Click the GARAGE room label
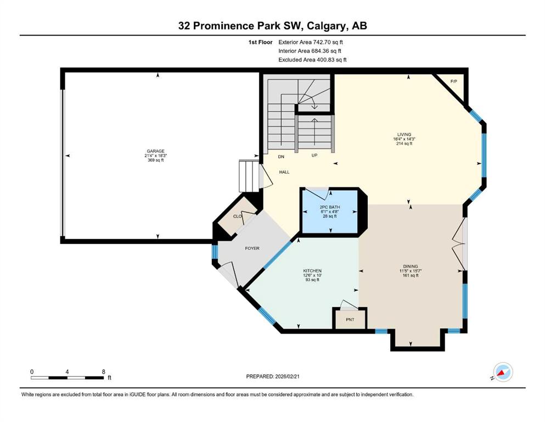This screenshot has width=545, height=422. click(x=155, y=151)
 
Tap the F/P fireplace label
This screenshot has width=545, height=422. click(x=453, y=81)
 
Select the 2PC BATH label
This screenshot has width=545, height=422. click(x=330, y=207)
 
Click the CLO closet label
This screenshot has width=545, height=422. click(x=238, y=216)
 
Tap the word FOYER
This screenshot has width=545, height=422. click(x=252, y=248)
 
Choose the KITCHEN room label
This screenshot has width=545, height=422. click(x=312, y=271)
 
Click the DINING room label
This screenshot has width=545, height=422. click(x=411, y=266)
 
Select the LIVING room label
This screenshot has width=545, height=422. click(x=404, y=134)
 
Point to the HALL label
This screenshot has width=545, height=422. click(x=284, y=172)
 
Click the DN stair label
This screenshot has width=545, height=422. click(x=281, y=157)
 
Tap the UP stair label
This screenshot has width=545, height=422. click(x=314, y=155)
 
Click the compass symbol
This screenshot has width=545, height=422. click(x=503, y=372)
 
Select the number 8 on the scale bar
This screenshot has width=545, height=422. click(x=104, y=371)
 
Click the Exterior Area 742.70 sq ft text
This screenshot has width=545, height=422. click(x=311, y=42)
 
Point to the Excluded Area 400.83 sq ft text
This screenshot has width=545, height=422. click(x=312, y=59)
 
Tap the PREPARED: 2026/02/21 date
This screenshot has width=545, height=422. click(x=272, y=376)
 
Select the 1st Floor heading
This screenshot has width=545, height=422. click(x=260, y=42)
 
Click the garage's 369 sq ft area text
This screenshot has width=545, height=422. click(x=155, y=160)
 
